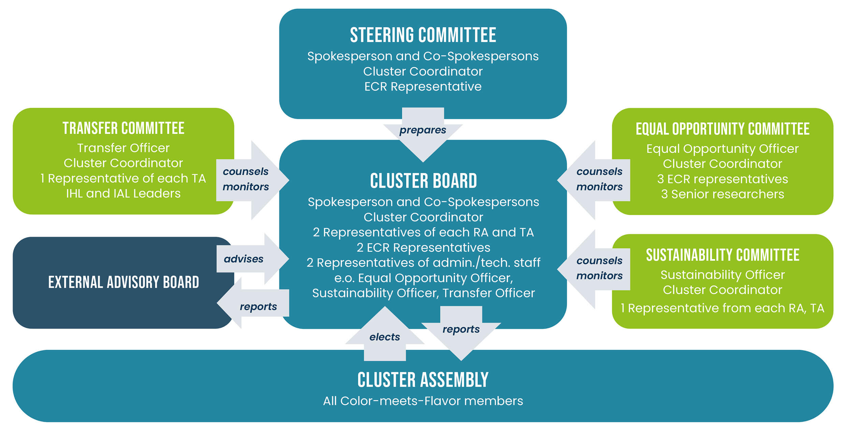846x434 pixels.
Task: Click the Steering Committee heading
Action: [x=423, y=35]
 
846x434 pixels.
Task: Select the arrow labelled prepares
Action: [x=423, y=131]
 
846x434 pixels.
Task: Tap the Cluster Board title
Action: [x=423, y=181]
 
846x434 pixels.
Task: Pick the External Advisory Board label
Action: [x=123, y=282]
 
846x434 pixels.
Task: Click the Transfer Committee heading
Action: [x=123, y=129]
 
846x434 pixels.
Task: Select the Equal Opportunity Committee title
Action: [x=723, y=129]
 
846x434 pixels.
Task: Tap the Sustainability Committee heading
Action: [x=723, y=255]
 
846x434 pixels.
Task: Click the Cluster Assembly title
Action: [x=423, y=380]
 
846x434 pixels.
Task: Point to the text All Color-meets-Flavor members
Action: [x=423, y=401]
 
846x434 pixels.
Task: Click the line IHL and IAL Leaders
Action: [x=123, y=194]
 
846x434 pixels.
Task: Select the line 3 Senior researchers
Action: [x=723, y=194]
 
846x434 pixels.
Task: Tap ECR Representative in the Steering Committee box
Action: [x=423, y=87]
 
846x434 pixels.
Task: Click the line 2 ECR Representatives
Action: [x=423, y=248]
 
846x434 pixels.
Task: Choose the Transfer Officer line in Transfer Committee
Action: [x=123, y=148]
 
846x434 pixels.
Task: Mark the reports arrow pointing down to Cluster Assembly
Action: [x=461, y=332]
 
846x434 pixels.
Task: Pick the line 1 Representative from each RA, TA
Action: [x=723, y=308]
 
